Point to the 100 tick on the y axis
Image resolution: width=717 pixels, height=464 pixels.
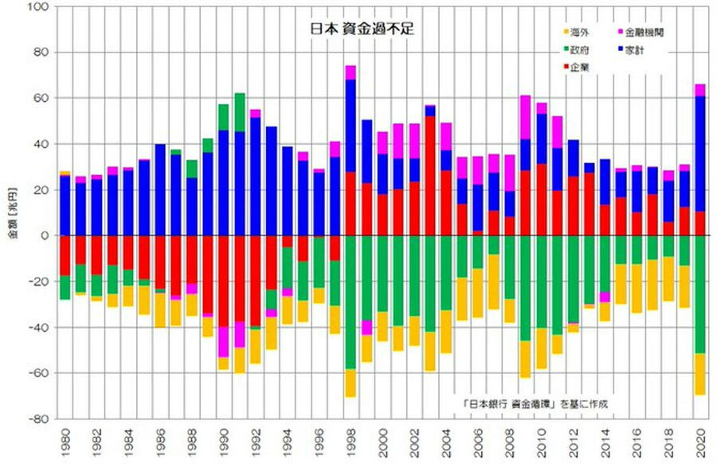(x=38, y=7)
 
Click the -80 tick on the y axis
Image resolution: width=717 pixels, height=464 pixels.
(x=38, y=419)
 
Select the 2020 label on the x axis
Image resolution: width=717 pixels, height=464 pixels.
(x=701, y=439)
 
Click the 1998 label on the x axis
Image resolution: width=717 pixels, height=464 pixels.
(x=351, y=439)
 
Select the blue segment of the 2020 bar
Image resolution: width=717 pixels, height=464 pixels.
(x=701, y=151)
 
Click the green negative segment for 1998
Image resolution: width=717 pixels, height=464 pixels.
(x=351, y=302)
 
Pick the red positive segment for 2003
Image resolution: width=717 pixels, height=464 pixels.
(x=430, y=175)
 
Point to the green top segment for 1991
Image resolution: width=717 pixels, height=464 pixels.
(x=240, y=112)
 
